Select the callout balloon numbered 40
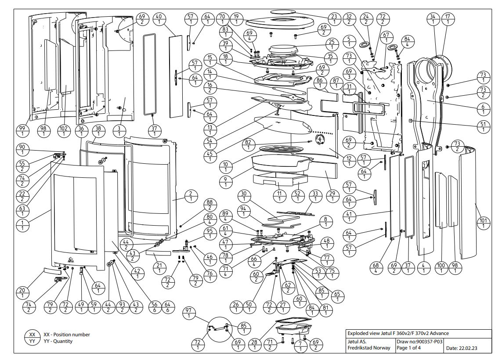tap(159, 19)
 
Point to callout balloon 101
tap(484, 223)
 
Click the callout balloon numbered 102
tap(64, 131)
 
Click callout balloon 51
tap(484, 126)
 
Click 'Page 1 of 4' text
tap(411, 348)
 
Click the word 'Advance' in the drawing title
tap(439, 333)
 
